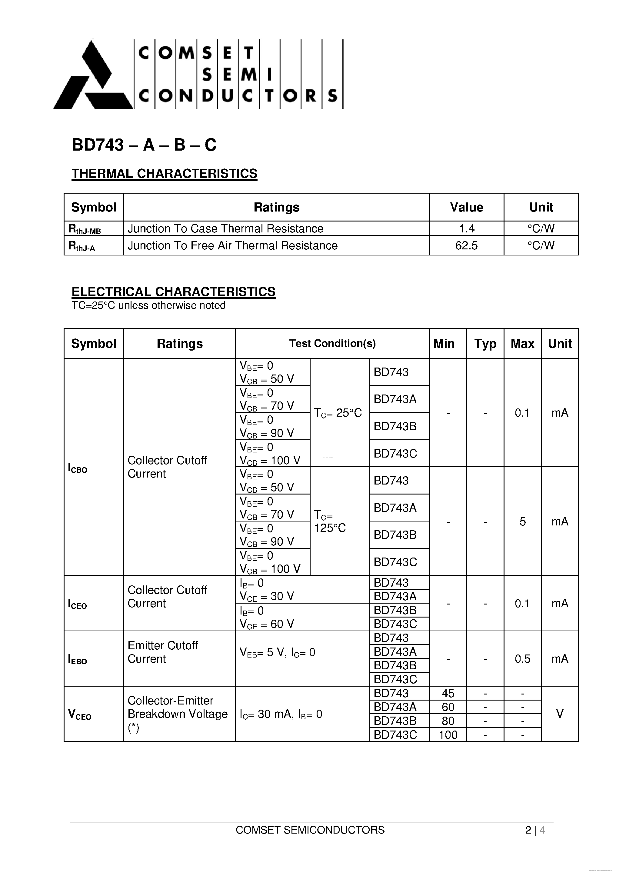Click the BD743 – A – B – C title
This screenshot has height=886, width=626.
pos(144,145)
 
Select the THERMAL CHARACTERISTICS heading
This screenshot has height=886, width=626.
pos(165,174)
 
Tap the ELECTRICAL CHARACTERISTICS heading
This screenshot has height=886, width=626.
pos(173,292)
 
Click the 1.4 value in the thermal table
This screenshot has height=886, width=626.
pos(466,228)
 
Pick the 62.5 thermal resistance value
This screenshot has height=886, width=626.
pos(466,245)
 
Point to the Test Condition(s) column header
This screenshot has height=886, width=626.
pos(332,343)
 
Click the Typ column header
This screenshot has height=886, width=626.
pos(485,343)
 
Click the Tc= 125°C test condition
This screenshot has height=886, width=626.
pos(330,521)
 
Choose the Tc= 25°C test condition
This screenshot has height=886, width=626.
pos(338,413)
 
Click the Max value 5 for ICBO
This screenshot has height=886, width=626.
pos(523,522)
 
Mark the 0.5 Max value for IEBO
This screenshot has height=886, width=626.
pos(523,659)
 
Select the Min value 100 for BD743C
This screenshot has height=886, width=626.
pos(448,735)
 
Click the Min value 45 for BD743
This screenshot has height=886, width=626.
pos(448,694)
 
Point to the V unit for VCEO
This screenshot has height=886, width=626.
pos(560,714)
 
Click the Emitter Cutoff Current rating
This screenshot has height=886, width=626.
pos(163,652)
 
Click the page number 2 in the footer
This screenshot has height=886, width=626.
pos(528,830)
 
